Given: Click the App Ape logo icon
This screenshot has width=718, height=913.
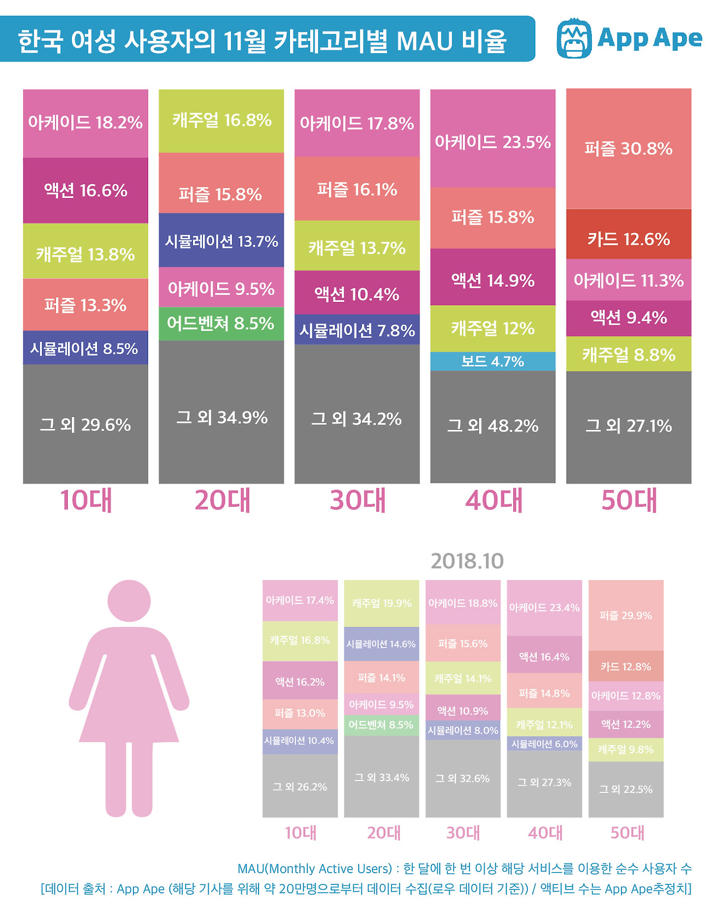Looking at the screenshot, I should (x=574, y=38).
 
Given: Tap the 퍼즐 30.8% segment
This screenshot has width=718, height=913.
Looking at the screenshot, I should (x=628, y=149).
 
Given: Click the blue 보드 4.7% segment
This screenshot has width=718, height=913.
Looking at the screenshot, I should (x=493, y=361).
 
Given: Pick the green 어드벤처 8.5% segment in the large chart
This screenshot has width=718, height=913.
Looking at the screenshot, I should (x=221, y=324).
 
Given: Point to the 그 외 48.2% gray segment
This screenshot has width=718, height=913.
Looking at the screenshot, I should (x=493, y=426).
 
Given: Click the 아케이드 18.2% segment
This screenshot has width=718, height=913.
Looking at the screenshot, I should (x=85, y=123).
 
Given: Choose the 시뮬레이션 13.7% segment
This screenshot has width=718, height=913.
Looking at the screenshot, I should (x=221, y=241).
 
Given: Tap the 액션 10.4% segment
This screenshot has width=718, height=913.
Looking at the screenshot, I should (x=357, y=293).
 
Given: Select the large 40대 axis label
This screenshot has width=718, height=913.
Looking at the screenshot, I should (x=494, y=500).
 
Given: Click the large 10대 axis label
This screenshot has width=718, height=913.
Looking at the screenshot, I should (x=86, y=500).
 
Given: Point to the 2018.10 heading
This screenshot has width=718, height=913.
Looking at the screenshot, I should (x=467, y=561).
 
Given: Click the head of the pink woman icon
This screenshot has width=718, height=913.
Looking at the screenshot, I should (x=129, y=600).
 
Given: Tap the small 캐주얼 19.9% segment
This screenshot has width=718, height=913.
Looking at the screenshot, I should (x=381, y=603).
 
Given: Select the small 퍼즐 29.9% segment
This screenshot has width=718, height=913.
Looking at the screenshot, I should (x=625, y=615).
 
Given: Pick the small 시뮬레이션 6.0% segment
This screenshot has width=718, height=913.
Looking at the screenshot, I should (x=544, y=744).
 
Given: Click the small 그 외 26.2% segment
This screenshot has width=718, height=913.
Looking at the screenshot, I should (x=300, y=786).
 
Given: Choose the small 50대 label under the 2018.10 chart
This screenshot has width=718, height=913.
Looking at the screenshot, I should (x=627, y=833).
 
